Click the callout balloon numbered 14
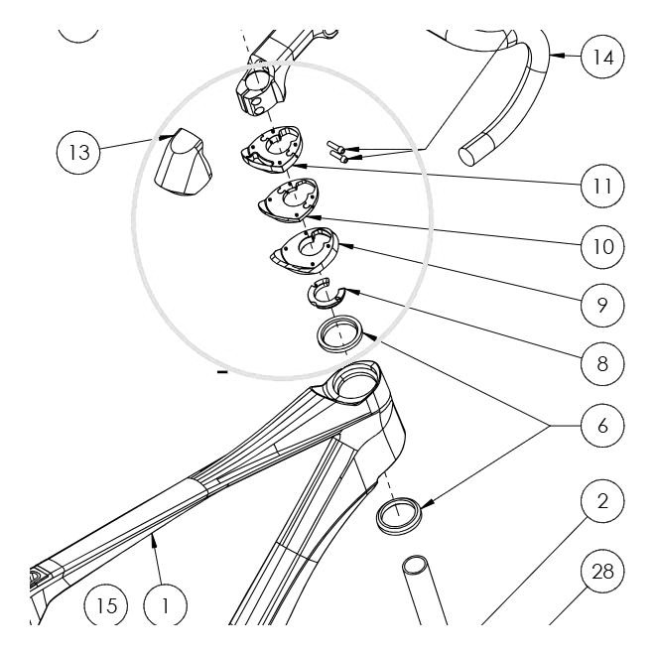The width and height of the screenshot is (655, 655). (x=602, y=57)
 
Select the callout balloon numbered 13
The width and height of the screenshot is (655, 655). (x=78, y=153)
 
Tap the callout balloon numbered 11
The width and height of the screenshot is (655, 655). (x=602, y=186)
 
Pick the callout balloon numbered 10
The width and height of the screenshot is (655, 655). (x=602, y=247)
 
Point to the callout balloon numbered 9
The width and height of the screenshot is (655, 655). (x=602, y=305)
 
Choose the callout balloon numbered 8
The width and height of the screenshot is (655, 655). (x=602, y=364)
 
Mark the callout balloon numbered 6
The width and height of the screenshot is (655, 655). (x=602, y=426)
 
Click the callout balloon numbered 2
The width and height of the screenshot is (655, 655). (x=602, y=501)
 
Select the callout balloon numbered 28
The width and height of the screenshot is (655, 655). (x=602, y=571)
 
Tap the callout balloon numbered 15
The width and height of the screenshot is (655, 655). (x=106, y=604)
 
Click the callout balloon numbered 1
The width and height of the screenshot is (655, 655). (x=166, y=604)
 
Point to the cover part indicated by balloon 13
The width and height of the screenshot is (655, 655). (x=183, y=163)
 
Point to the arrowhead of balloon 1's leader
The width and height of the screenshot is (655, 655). (x=154, y=539)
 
